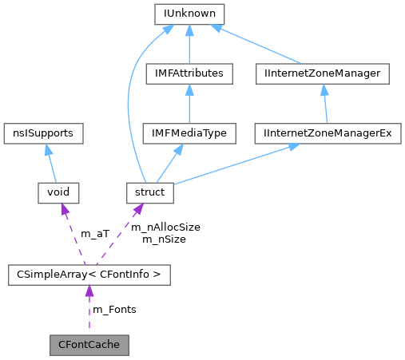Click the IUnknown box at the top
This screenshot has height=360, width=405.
(x=189, y=14)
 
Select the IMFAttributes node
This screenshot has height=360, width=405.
(x=189, y=73)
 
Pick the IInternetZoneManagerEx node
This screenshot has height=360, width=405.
(x=328, y=133)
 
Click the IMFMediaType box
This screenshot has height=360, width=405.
(x=189, y=133)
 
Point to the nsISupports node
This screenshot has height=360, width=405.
(x=44, y=133)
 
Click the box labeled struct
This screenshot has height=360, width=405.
(x=150, y=192)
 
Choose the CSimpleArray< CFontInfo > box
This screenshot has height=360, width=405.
(x=89, y=275)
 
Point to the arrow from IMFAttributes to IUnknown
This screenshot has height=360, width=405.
(x=189, y=44)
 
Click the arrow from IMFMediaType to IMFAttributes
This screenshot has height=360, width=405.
(x=189, y=104)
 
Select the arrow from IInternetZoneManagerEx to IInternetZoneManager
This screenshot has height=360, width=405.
(x=324, y=104)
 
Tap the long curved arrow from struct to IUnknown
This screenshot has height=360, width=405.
(x=131, y=104)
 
